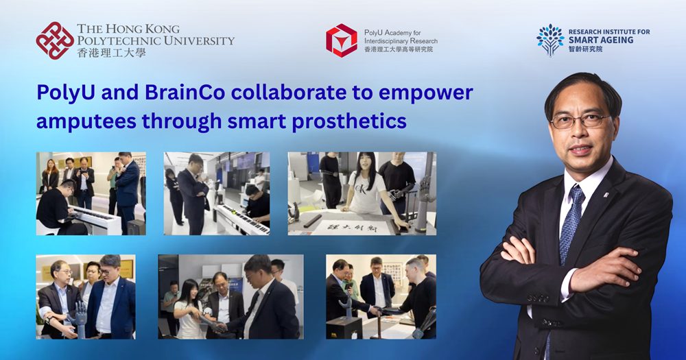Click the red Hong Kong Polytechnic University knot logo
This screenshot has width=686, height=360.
pyautogui.click(x=55, y=40)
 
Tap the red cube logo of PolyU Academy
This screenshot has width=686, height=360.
pyautogui.click(x=342, y=40)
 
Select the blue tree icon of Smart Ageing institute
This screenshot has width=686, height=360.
pyautogui.click(x=550, y=40)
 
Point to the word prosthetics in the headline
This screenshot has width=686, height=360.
pyautogui.click(x=349, y=121)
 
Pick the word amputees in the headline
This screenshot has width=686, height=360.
pyautogui.click(x=86, y=121)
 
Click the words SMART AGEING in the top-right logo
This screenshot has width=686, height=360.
pyautogui.click(x=601, y=40)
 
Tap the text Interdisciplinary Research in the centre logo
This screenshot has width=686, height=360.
pyautogui.click(x=401, y=40)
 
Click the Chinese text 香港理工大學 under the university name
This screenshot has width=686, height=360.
pyautogui.click(x=111, y=53)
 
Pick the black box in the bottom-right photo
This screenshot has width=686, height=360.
pyautogui.click(x=344, y=328)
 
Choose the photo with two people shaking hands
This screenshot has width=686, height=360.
pyautogui.click(x=230, y=297)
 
